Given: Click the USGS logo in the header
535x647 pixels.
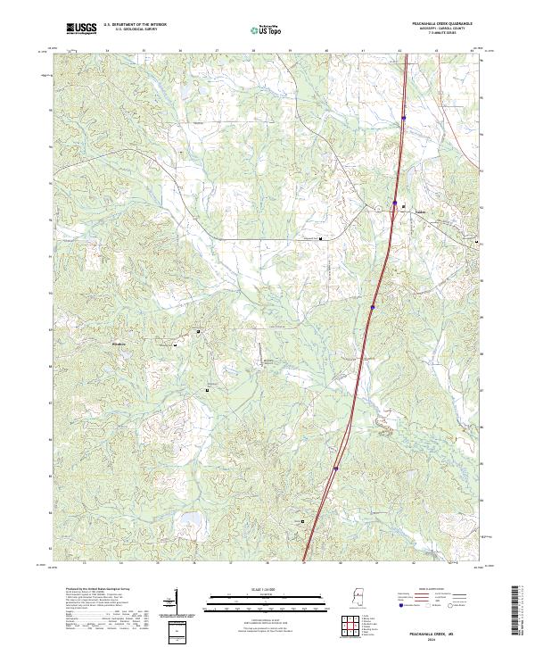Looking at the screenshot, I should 80,29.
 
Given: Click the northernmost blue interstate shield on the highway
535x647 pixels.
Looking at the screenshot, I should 403,117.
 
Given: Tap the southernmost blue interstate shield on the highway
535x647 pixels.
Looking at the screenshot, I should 335,467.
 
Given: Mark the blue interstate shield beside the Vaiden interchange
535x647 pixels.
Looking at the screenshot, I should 395,203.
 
